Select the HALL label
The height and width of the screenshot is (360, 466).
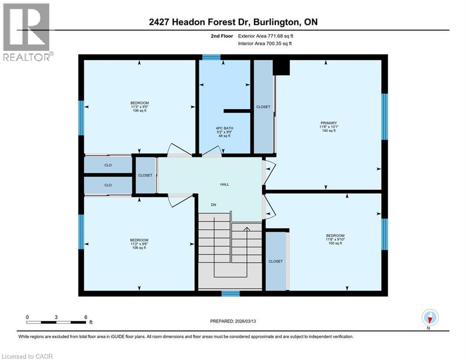(x=225, y=185)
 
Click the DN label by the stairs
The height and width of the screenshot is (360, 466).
(x=214, y=205)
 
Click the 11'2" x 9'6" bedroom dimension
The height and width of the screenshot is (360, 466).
(x=139, y=244)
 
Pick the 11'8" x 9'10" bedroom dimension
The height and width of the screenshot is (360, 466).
(x=335, y=240)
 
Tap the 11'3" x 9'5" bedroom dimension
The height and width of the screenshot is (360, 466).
(x=140, y=107)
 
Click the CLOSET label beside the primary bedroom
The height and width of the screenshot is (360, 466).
(x=263, y=107)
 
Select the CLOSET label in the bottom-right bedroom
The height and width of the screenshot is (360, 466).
(x=275, y=261)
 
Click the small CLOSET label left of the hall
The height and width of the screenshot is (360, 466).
(x=145, y=175)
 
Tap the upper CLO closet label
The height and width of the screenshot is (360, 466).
(x=108, y=165)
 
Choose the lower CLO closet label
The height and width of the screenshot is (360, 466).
(x=108, y=185)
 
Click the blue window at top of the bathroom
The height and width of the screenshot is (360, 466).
(x=211, y=57)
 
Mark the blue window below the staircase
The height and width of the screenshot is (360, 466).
(x=230, y=294)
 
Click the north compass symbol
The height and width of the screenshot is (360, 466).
(x=429, y=318)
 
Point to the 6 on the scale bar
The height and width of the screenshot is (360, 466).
(x=85, y=317)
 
